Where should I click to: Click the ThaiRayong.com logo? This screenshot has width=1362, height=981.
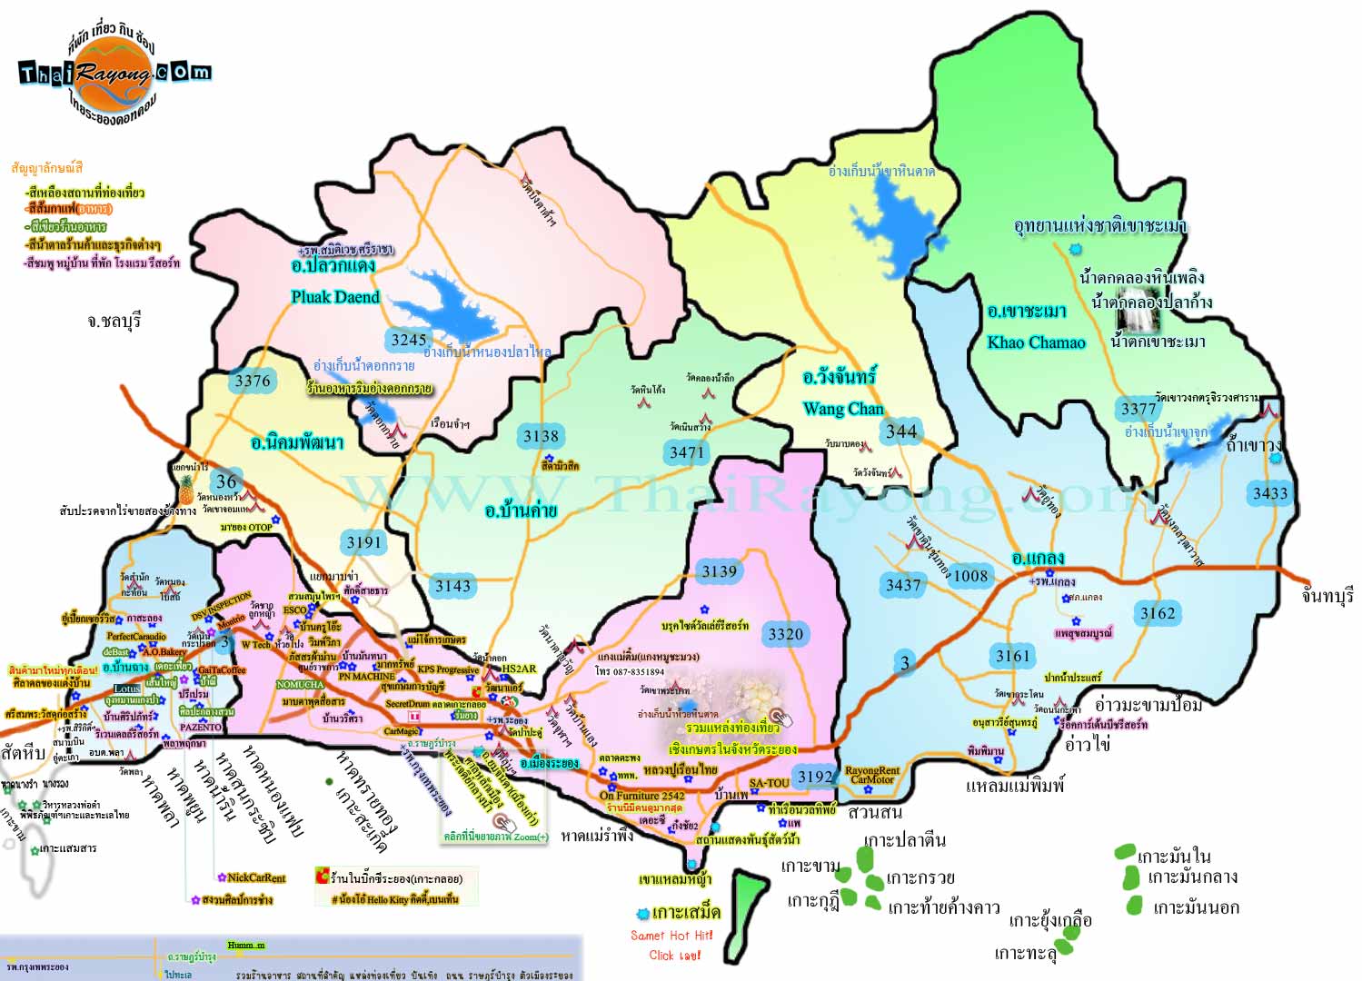pos(114,74)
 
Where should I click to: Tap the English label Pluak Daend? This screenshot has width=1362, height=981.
pos(334,297)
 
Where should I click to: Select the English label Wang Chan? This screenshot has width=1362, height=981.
pos(842,409)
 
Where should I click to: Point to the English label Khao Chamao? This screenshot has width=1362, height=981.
pos(1036,342)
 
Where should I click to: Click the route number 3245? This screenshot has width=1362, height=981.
pos(408,340)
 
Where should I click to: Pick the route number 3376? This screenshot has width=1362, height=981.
pos(252,381)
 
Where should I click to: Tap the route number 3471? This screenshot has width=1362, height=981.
pos(686,452)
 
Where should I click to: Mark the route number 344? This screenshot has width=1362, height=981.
pos(900,431)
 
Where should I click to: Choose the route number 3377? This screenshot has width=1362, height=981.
pos(1138,409)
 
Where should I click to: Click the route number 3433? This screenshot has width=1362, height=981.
pos(1269,493)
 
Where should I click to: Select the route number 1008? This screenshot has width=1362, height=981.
pos(969,575)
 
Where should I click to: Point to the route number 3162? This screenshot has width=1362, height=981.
pos(1157,613)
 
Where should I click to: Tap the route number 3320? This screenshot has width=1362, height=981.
pos(785,634)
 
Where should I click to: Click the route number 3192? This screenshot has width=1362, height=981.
pos(814,777)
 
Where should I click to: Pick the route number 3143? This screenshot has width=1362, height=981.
pos(452,586)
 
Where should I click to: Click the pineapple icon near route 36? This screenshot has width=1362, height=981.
pos(186,490)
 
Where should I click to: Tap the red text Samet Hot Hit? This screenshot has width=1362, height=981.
pos(671,936)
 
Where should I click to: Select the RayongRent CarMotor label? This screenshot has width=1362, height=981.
pos(871,775)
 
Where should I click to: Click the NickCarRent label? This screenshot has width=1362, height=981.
pos(255,877)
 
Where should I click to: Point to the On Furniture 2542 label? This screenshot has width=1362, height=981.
pos(641,796)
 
